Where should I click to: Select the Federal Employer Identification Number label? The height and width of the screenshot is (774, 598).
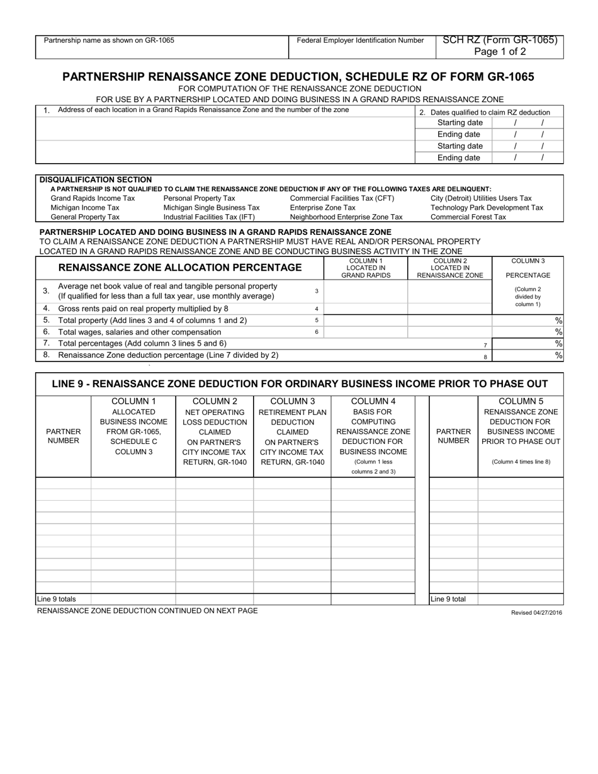360,40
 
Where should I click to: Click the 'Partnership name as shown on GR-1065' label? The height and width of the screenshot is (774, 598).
109,40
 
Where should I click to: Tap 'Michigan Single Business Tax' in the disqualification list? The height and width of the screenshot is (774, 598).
211,207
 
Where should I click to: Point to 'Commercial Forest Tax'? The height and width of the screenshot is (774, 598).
468,217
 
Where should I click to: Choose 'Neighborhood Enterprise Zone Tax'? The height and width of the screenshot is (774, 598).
346,217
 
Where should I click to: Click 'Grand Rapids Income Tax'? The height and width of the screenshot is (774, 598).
93,198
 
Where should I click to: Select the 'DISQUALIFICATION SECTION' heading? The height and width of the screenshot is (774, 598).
96,179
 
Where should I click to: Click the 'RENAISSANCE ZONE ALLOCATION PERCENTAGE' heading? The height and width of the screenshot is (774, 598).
179,268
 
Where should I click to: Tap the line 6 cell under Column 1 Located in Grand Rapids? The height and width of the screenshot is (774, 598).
366,332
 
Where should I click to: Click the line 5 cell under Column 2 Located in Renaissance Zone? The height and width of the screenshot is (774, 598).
449,320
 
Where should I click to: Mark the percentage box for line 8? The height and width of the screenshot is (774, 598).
527,355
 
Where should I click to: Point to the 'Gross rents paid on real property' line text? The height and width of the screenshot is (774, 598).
143,309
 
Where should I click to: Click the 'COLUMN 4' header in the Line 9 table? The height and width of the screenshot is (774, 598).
373,401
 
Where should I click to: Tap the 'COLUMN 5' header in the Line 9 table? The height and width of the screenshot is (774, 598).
521,401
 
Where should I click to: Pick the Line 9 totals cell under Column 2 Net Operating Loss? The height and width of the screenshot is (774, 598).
214,599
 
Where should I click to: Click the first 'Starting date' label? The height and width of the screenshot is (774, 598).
460,123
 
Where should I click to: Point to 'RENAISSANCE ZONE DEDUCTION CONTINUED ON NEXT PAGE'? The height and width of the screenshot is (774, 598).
147,610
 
